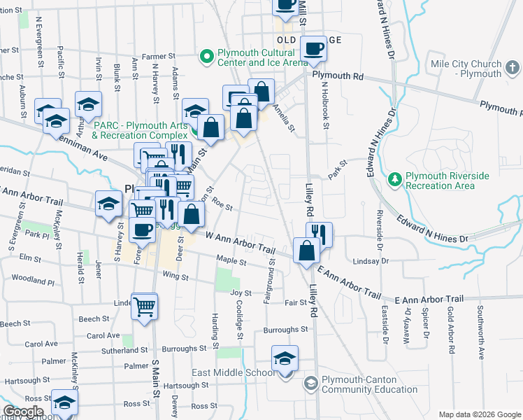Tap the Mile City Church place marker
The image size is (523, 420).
(513, 68)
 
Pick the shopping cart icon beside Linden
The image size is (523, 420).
(144, 305)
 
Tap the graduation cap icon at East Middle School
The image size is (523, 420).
(285, 358)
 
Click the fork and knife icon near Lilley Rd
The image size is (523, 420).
(319, 234)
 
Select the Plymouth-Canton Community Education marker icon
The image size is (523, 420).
(309, 384)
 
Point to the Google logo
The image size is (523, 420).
(23, 412)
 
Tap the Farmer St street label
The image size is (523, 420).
(157, 56)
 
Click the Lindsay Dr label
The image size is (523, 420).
(371, 260)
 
